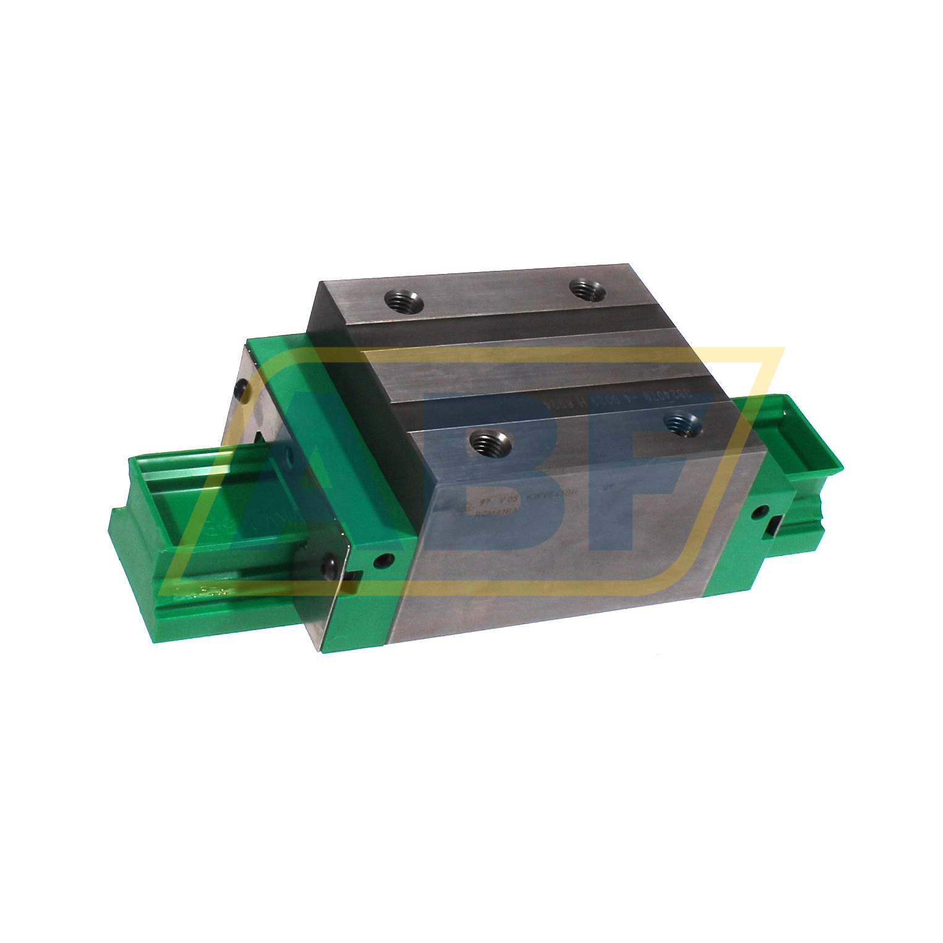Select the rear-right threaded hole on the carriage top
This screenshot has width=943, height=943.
coord(587,289)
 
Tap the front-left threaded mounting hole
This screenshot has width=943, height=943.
coord(490,443)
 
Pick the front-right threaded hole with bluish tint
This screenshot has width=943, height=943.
coord(683,424)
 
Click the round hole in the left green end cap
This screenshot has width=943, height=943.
coord(385,561)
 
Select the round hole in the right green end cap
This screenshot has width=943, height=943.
coord(761,511)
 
